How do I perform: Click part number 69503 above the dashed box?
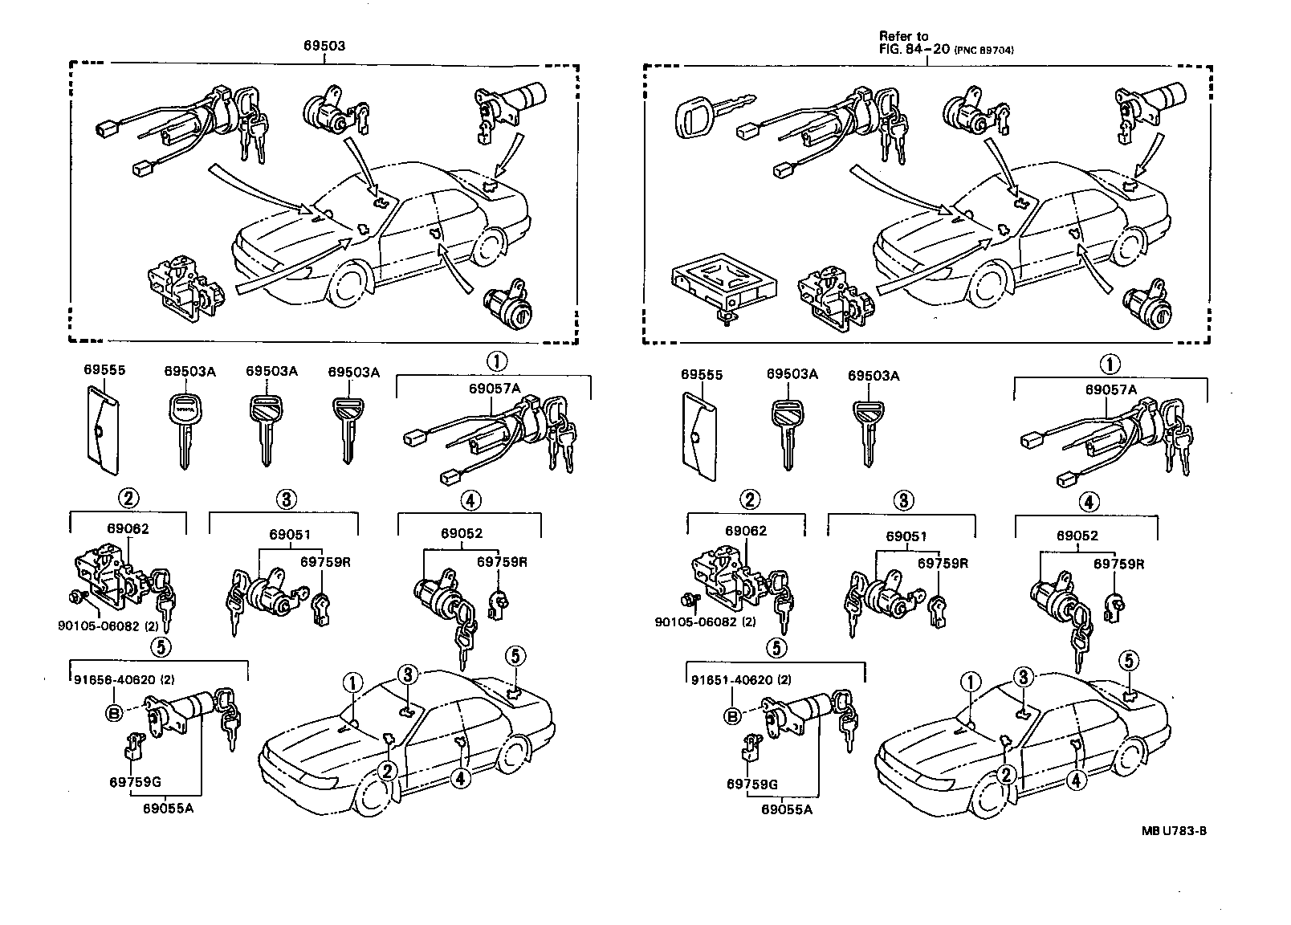point(324,46)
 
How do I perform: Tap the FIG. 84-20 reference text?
point(914,49)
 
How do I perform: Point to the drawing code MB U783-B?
point(1174,831)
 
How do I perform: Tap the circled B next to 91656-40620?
point(113,713)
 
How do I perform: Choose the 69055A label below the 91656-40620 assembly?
point(168,809)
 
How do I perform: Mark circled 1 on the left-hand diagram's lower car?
point(352,683)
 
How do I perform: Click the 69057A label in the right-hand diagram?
point(1111,389)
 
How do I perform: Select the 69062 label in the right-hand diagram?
point(746,531)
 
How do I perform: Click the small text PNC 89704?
point(984,51)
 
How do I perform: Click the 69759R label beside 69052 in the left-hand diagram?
point(502,561)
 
